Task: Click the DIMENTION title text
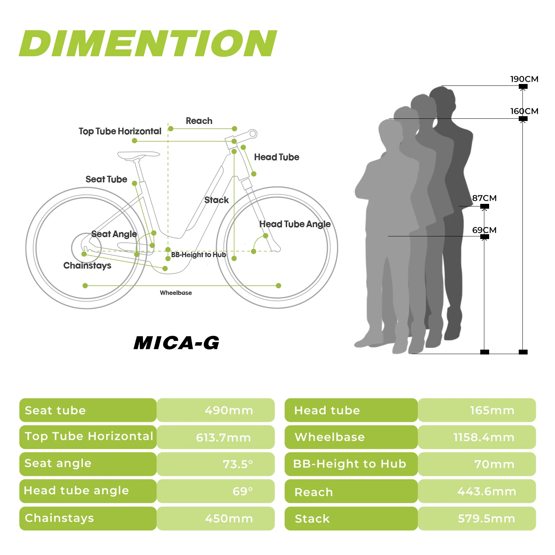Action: (x=148, y=44)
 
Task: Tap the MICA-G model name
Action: (x=176, y=343)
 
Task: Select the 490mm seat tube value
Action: (x=229, y=410)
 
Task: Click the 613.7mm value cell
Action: (x=223, y=438)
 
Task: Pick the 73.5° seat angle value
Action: (x=238, y=464)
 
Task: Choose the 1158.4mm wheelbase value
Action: (x=484, y=437)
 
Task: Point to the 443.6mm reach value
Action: (x=487, y=491)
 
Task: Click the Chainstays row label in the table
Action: (x=59, y=518)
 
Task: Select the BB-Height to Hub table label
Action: (x=350, y=464)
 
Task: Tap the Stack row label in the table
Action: (x=312, y=519)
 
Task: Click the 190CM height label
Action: (x=524, y=79)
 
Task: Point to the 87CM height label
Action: (x=484, y=198)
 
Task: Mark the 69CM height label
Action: (x=484, y=230)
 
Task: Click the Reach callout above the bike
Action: (x=199, y=121)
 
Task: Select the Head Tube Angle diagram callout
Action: (x=295, y=224)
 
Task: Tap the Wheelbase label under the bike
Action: (x=176, y=293)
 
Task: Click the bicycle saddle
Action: (x=138, y=154)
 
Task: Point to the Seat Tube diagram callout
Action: (x=106, y=179)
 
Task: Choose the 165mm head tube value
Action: (x=492, y=410)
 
